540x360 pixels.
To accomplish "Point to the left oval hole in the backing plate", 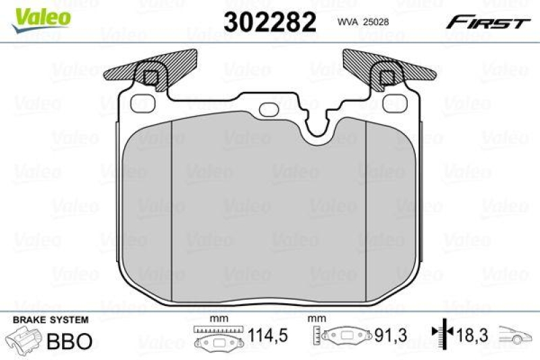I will click(x=142, y=103).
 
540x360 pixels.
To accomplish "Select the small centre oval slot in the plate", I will click(x=269, y=108).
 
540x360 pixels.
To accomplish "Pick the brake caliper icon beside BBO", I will click(x=24, y=340).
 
